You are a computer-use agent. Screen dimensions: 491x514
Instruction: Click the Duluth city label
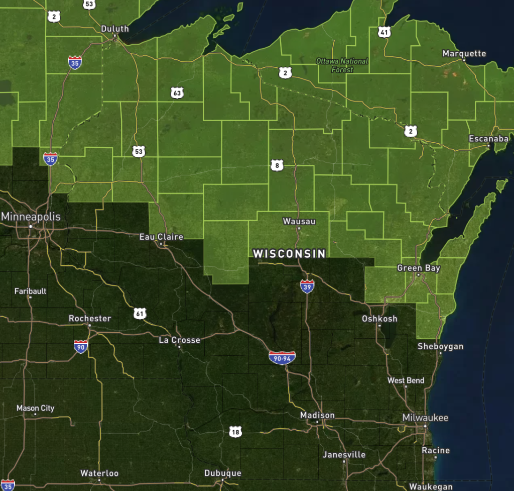(114, 29)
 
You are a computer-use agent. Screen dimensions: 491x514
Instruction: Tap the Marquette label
(464, 53)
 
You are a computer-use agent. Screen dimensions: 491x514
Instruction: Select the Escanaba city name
(488, 139)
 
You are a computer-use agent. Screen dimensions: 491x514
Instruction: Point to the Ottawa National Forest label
(342, 65)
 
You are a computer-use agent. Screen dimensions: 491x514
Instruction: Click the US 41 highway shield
(384, 32)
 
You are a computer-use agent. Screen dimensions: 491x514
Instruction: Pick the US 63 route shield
(177, 92)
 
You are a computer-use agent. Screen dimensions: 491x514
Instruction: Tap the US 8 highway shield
(277, 165)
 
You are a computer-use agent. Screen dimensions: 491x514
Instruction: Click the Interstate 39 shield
(307, 286)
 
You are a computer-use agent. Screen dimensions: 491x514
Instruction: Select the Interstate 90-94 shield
(282, 357)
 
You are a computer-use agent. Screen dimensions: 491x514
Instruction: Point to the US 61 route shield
(140, 314)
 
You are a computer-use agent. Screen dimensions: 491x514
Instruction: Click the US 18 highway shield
(235, 431)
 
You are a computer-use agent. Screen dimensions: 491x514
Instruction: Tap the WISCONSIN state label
(289, 254)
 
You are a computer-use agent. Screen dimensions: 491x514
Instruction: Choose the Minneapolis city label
(31, 217)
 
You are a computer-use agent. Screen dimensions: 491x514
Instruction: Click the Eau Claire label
(161, 237)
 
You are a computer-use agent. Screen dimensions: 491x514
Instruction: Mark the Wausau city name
(299, 221)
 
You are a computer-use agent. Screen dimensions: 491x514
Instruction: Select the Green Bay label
(418, 268)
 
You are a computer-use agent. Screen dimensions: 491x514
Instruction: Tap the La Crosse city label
(179, 340)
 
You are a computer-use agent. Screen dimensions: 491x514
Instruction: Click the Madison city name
(317, 415)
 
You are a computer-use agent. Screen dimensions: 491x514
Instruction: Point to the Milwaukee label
(425, 418)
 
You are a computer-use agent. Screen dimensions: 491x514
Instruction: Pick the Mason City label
(35, 408)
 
